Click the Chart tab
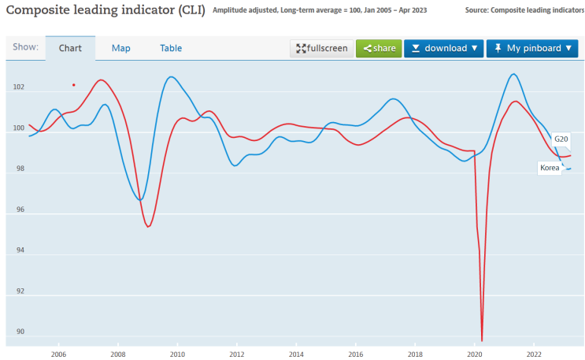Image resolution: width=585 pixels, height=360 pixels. coord(70,48)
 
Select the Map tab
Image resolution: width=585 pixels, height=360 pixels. coord(120,48)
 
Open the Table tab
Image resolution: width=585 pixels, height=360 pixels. coord(171,48)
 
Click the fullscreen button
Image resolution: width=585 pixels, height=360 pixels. coord(321,48)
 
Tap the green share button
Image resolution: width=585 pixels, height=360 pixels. coord(379,48)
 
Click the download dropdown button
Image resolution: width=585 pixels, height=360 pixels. coord(443,48)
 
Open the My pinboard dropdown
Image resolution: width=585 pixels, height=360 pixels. coord(532,48)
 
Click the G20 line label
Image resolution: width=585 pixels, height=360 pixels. coord(561,139)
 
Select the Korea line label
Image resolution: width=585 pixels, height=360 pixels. coord(549,167)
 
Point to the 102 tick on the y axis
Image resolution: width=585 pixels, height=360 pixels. coord(18,87)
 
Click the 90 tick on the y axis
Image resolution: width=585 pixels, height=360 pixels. coord(18,332)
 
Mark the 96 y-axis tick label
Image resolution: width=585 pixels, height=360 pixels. coord(18,210)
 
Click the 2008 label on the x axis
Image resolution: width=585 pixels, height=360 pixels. coord(117,354)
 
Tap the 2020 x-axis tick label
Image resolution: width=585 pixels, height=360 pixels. coord(475,354)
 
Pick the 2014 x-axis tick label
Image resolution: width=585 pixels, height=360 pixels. coord(296,354)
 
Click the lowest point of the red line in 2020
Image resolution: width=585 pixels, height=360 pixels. coord(482,340)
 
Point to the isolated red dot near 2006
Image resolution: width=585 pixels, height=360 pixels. coord(73,84)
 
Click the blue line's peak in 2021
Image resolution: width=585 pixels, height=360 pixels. coord(513,74)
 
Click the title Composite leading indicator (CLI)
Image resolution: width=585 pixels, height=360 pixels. coord(104,10)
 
